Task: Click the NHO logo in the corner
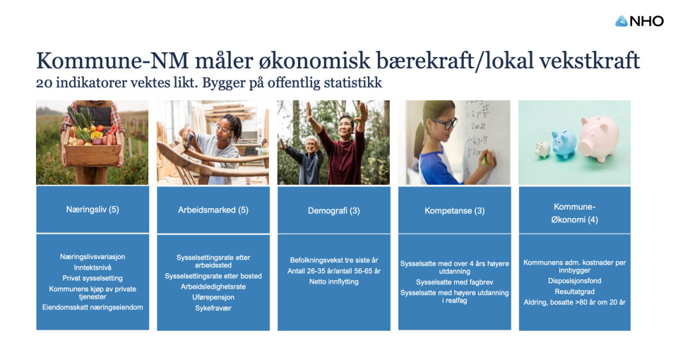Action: (639, 21)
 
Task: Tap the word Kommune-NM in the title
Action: (112, 61)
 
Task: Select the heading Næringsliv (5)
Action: (93, 210)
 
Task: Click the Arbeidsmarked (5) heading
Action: (213, 210)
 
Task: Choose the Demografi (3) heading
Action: (334, 211)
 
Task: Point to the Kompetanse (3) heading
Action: (454, 211)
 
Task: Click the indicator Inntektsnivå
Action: (93, 268)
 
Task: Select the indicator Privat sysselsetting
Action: (93, 278)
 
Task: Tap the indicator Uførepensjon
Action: (213, 297)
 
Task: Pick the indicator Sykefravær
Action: (213, 308)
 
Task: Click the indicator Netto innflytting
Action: (334, 282)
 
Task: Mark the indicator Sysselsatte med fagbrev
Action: (454, 282)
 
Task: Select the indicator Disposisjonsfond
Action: (575, 281)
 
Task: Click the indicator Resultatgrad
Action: (575, 292)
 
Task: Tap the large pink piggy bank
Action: (600, 138)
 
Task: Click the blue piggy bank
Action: (564, 144)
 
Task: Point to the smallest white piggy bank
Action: (542, 150)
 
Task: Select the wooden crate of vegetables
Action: (93, 153)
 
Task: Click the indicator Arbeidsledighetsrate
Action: (213, 287)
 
